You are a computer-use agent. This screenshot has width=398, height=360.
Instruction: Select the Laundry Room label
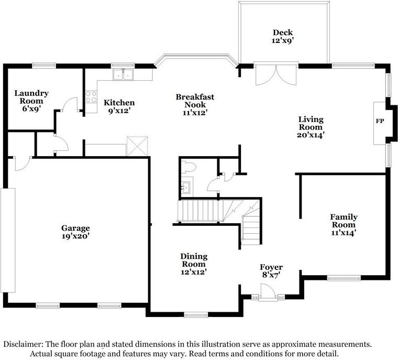click(31, 97)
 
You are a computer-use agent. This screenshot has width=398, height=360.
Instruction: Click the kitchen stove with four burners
click(91, 97)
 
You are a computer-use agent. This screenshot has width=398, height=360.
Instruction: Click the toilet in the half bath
click(189, 168)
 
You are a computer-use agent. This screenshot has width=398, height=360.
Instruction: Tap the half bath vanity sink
click(186, 186)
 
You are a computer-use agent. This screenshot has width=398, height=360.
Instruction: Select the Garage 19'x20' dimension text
click(76, 236)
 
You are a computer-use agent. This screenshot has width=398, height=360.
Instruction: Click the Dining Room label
click(194, 260)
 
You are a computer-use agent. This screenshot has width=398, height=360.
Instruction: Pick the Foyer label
click(271, 267)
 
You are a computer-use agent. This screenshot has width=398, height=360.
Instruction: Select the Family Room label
click(344, 221)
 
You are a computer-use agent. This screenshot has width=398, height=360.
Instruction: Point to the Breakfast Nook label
click(195, 101)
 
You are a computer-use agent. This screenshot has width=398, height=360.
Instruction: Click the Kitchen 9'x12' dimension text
click(119, 111)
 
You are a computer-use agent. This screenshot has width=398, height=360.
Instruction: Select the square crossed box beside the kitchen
click(138, 145)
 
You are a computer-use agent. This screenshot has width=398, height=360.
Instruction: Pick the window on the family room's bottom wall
click(344, 278)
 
